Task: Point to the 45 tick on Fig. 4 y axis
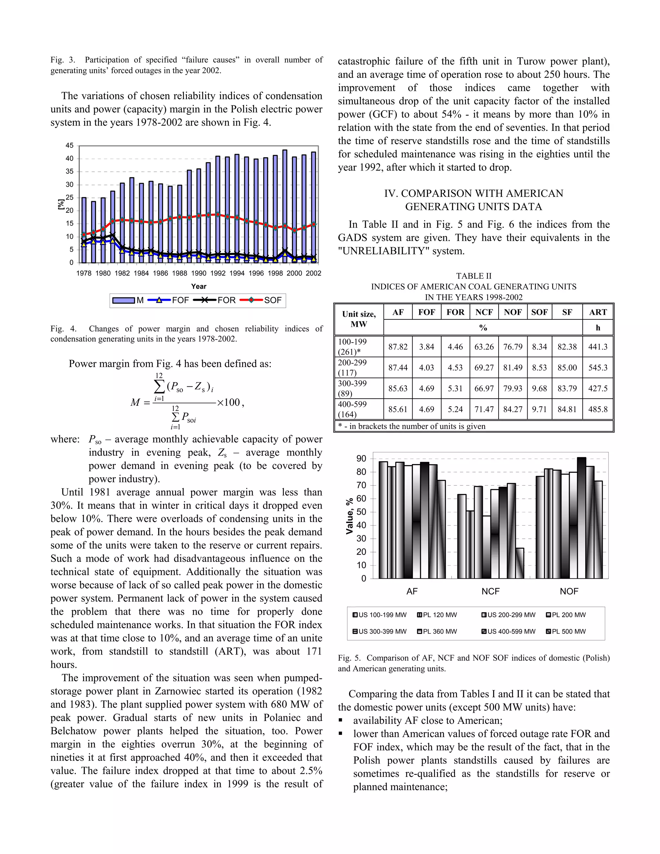click(70, 145)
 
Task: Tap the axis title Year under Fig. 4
click(199, 286)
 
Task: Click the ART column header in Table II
click(597, 312)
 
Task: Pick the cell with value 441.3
click(597, 347)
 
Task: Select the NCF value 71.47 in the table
click(484, 409)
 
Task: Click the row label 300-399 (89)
click(352, 388)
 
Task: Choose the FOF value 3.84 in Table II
click(427, 347)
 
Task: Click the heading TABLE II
click(473, 276)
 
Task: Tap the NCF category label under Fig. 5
click(490, 591)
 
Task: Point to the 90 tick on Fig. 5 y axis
click(361, 459)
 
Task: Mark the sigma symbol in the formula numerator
click(159, 387)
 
